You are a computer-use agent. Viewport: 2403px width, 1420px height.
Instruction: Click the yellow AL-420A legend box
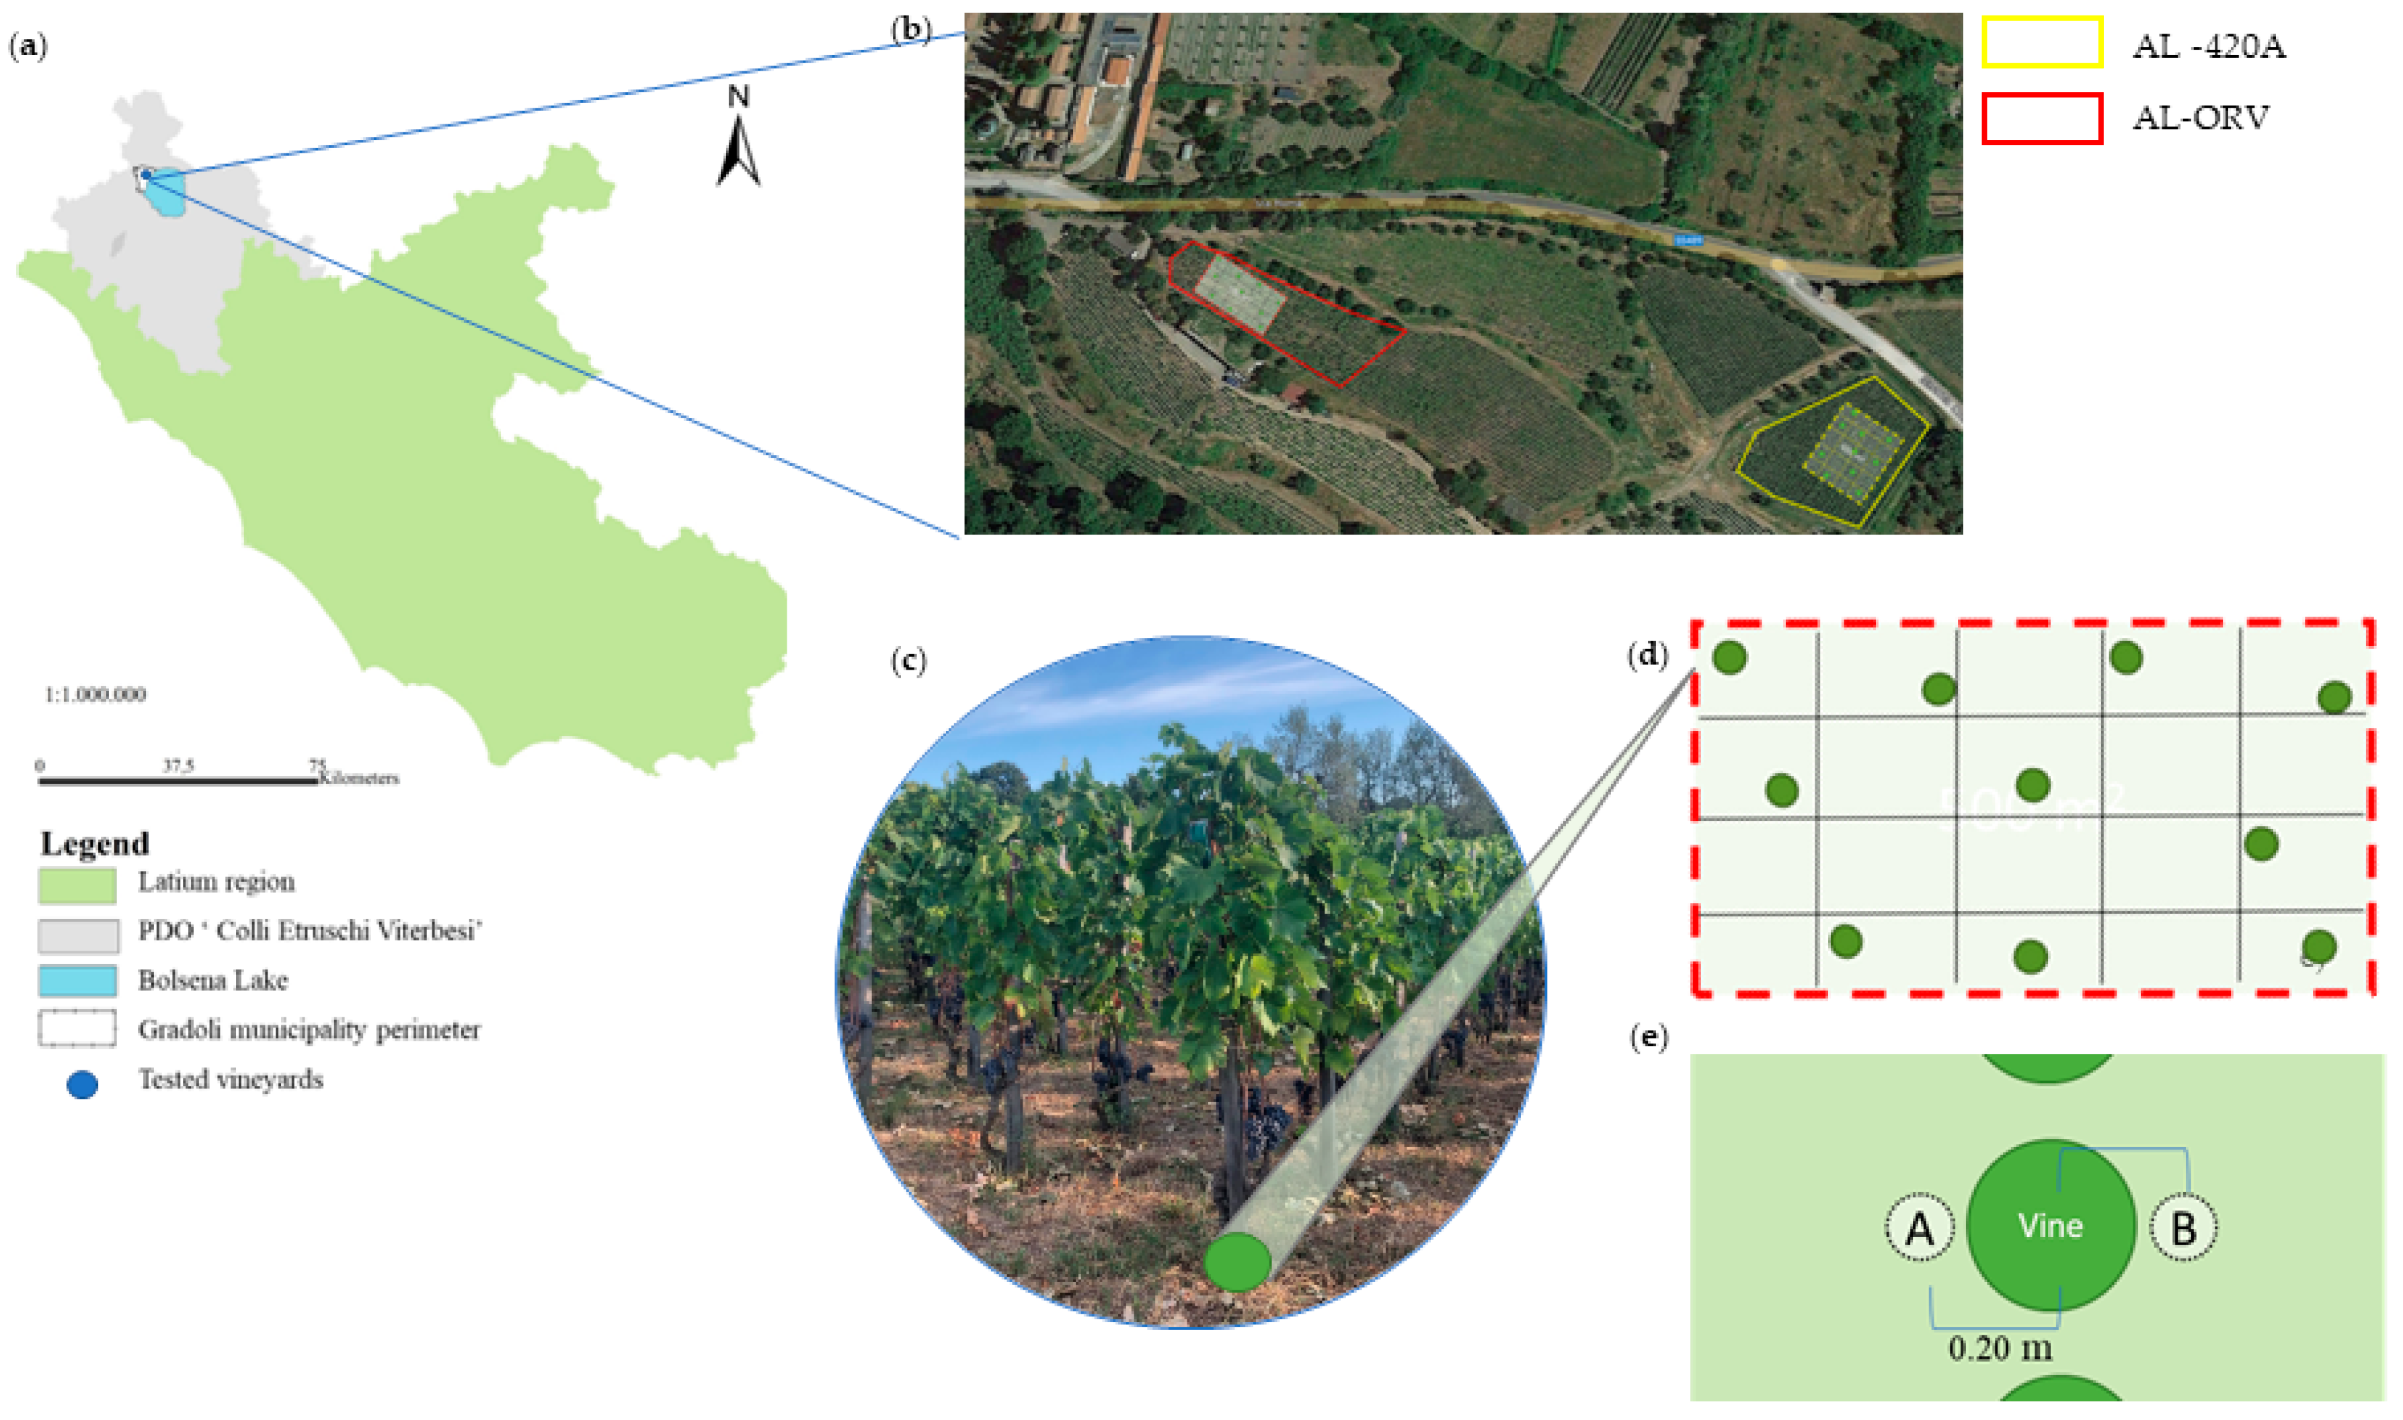pyautogui.click(x=2041, y=43)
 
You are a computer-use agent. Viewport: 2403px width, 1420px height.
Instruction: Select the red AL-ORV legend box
pyautogui.click(x=2041, y=118)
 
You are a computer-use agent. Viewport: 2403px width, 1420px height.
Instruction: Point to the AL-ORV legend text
pyautogui.click(x=2200, y=118)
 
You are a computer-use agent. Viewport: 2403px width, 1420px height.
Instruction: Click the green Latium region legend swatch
pyautogui.click(x=77, y=885)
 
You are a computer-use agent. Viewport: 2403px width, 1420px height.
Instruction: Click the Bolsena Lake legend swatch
pyautogui.click(x=77, y=982)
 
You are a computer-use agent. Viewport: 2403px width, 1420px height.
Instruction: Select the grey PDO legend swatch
pyautogui.click(x=79, y=935)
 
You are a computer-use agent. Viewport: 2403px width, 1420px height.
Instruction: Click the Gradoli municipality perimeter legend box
pyautogui.click(x=77, y=1029)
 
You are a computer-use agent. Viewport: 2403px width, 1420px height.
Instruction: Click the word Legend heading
pyautogui.click(x=95, y=844)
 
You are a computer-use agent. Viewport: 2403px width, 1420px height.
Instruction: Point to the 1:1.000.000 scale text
pyautogui.click(x=95, y=695)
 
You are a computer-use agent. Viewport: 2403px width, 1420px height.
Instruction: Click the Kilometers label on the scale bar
pyautogui.click(x=360, y=778)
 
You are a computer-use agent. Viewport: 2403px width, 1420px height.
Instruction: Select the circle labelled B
pyautogui.click(x=2183, y=1228)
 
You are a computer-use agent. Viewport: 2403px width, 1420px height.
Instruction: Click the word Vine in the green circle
pyautogui.click(x=2051, y=1226)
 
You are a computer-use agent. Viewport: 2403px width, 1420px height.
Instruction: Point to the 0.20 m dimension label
pyautogui.click(x=2000, y=1349)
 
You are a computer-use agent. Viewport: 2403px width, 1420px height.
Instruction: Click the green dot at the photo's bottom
pyautogui.click(x=1237, y=1263)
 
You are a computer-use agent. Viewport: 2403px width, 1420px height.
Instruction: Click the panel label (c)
pyautogui.click(x=908, y=661)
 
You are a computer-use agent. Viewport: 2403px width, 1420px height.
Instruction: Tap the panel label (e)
pyautogui.click(x=1648, y=1038)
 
